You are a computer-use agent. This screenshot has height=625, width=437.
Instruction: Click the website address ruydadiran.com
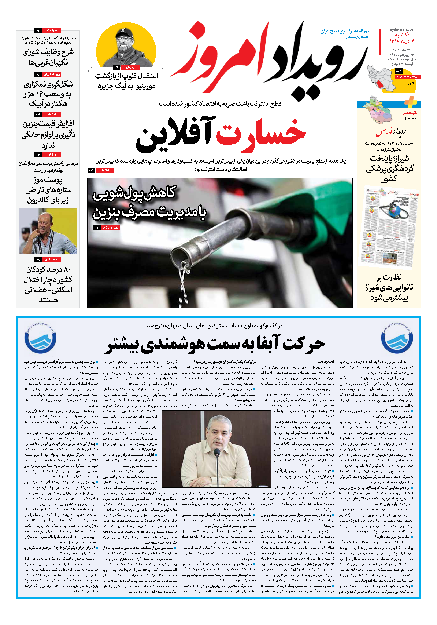click(x=402, y=29)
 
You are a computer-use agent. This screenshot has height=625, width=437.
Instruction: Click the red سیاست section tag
click(x=52, y=30)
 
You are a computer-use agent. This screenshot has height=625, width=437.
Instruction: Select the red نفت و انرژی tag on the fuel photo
click(x=111, y=228)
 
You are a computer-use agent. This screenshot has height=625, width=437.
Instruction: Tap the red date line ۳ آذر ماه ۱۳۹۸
click(x=402, y=41)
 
